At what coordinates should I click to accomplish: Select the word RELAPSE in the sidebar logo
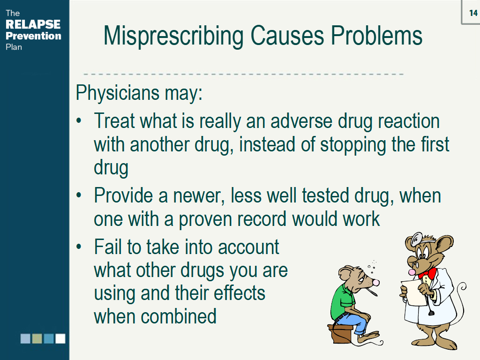(33, 24)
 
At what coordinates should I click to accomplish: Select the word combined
(178, 316)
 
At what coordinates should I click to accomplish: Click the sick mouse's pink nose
(375, 282)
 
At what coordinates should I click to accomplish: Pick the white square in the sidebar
(60, 338)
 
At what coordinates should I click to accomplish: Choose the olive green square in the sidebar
(37, 338)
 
